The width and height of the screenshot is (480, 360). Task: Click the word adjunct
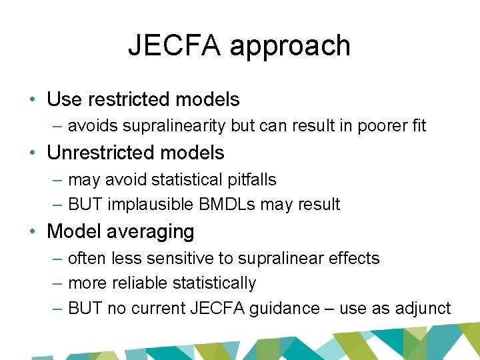tap(425, 308)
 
